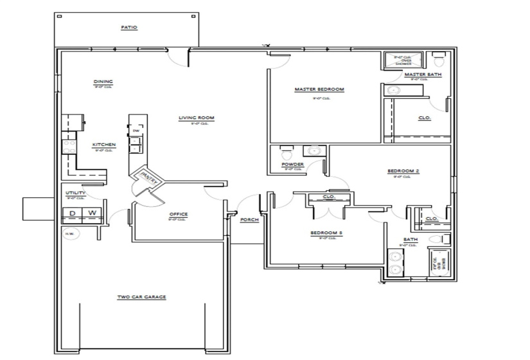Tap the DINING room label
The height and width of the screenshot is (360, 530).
103,82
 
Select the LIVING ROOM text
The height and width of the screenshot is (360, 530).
196,118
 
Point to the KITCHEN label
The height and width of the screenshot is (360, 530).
104,145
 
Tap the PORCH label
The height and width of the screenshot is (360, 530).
249,219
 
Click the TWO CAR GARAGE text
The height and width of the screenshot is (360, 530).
141,297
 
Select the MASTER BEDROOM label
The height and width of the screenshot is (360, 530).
319,89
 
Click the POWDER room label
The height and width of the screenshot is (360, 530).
292,165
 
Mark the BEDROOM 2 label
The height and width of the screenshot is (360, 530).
403,171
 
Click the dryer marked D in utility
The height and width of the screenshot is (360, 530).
73,213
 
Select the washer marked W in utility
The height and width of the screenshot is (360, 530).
92,213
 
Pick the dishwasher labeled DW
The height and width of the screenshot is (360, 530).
136,131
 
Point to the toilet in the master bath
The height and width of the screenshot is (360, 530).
439,60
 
